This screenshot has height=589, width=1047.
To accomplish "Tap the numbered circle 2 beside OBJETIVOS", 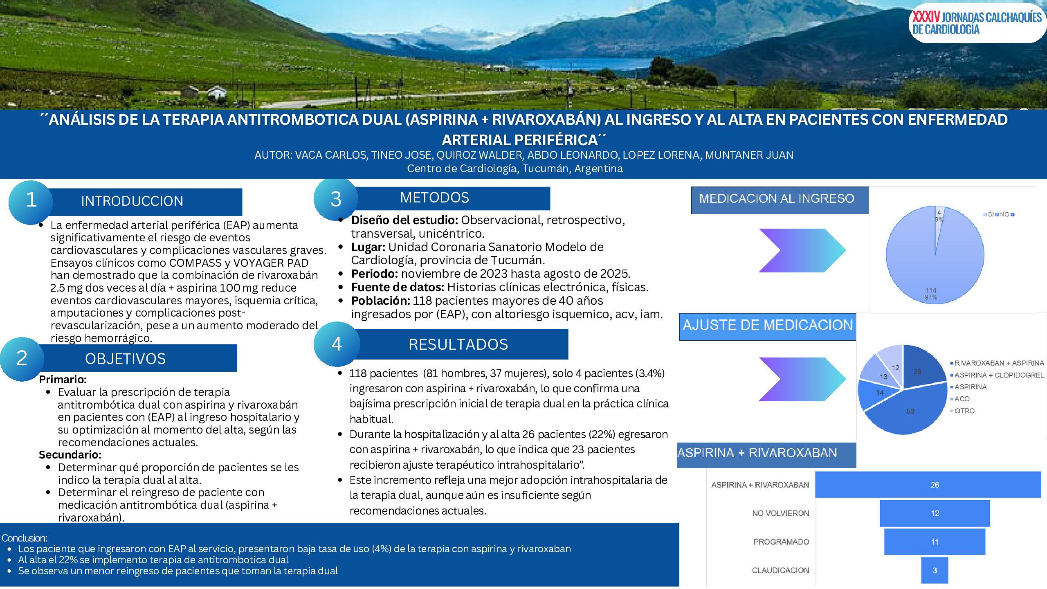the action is tap(22, 359).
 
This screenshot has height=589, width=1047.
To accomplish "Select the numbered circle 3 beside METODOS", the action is tap(336, 199).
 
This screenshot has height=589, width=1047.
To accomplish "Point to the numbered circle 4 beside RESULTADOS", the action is tap(337, 344).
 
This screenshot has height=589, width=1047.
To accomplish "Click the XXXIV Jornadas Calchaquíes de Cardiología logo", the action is tap(977, 23).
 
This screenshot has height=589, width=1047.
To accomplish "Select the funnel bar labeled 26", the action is tap(928, 485).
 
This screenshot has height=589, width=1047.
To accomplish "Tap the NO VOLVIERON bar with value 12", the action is tap(935, 513).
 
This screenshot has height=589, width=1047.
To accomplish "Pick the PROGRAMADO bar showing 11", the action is tap(935, 542).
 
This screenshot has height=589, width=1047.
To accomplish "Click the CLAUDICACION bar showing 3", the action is tap(935, 570).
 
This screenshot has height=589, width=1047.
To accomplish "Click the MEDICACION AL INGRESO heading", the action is tap(777, 199).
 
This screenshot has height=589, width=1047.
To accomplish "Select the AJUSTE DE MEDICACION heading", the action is tap(767, 325).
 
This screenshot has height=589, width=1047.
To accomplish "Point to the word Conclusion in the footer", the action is tap(24, 538).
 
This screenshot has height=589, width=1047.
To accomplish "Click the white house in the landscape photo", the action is tap(217, 92).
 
